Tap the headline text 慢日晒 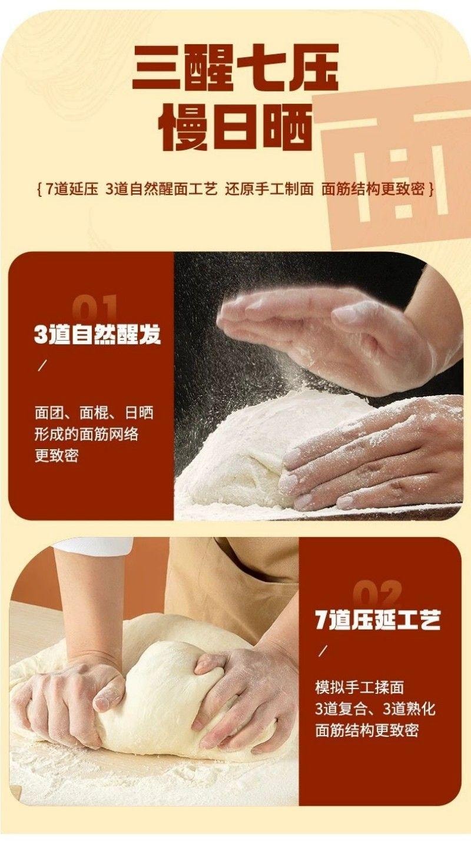click(x=235, y=126)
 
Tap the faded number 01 click(x=94, y=308)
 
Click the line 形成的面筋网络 click(x=87, y=434)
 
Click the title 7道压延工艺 click(x=377, y=620)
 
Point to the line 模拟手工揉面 click(x=360, y=687)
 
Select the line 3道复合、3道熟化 click(x=376, y=709)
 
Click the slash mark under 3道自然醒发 click(x=42, y=366)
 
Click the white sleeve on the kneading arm click(x=94, y=545)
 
